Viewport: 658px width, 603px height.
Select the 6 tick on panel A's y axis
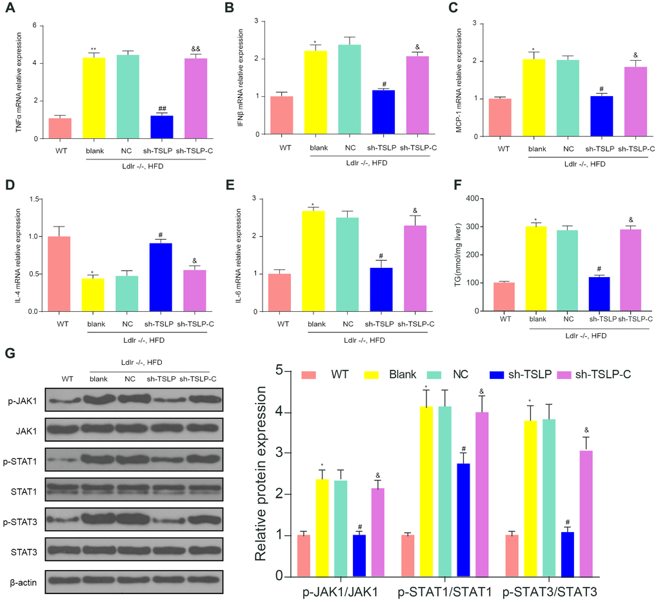pyautogui.click(x=41, y=26)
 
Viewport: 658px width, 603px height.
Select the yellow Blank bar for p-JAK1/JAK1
pyautogui.click(x=322, y=527)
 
